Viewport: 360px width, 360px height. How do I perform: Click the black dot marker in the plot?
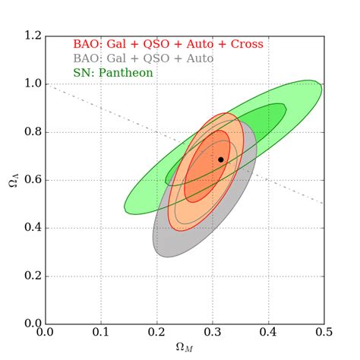point(221,159)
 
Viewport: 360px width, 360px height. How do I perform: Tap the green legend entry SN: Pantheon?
point(113,73)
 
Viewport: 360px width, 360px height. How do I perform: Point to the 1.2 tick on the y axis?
point(31,36)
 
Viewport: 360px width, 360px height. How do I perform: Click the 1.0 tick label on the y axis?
point(31,84)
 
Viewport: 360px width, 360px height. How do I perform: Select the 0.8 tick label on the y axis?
point(31,132)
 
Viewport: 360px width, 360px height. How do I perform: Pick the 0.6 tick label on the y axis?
point(31,180)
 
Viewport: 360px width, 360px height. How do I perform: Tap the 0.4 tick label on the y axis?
point(31,228)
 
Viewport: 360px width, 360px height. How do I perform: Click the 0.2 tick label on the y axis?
point(31,276)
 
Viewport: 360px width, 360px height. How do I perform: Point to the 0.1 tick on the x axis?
point(101,332)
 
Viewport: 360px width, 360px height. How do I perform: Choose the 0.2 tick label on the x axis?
point(156,332)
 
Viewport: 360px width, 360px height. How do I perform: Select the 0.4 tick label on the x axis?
point(268,332)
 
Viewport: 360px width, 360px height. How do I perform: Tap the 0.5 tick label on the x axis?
point(324,332)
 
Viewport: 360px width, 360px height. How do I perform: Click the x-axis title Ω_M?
point(185,347)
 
